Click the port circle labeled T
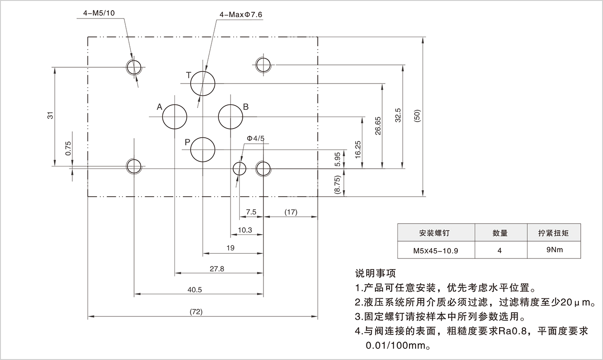click(x=203, y=84)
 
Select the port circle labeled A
click(x=174, y=116)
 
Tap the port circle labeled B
click(x=231, y=116)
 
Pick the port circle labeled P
click(x=203, y=149)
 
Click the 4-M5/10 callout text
click(x=98, y=13)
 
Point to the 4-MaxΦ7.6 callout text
click(x=241, y=15)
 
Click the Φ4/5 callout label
click(x=255, y=138)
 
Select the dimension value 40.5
click(x=195, y=290)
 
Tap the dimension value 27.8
click(x=217, y=269)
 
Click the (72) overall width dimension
click(x=197, y=311)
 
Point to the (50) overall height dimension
click(x=417, y=116)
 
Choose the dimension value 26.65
click(x=378, y=126)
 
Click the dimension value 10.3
click(x=244, y=230)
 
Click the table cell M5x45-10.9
click(x=436, y=251)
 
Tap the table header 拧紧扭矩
click(x=554, y=233)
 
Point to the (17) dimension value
click(x=291, y=212)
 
